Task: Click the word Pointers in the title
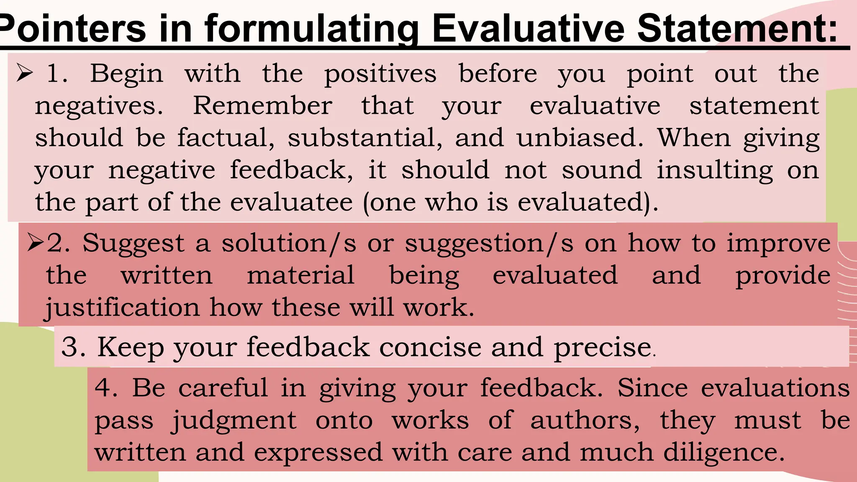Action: point(73,28)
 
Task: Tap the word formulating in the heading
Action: point(311,28)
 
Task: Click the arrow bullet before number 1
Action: point(25,73)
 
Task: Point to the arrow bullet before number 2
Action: point(36,243)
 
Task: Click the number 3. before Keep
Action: point(74,347)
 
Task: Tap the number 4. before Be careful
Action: point(106,387)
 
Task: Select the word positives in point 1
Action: point(380,74)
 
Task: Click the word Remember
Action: point(263,105)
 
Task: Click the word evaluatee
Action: point(291,202)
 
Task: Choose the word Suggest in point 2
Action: point(133,244)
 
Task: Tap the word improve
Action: point(778,244)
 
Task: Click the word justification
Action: point(122,308)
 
